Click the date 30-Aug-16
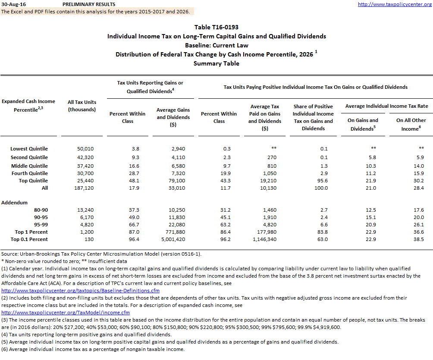coord(14,4)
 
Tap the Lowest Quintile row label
coord(29,149)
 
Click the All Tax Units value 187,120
coord(82,188)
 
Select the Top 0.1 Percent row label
coord(29,239)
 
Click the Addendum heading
coord(14,202)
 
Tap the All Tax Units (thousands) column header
coord(82,106)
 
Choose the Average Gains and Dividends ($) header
coord(173,117)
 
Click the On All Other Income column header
coord(411,124)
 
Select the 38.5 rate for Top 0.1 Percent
coord(418,239)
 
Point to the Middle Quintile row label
coord(29,166)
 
